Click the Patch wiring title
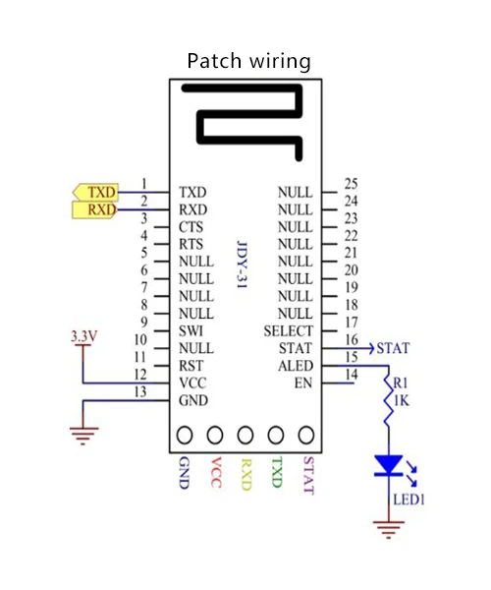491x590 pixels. [248, 61]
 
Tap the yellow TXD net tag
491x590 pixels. [95, 193]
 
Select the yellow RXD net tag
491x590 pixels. [94, 209]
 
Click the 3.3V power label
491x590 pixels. [84, 336]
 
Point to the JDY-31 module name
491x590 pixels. [243, 265]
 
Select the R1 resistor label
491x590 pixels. [401, 383]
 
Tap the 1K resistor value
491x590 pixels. [402, 401]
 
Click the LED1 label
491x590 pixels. [409, 500]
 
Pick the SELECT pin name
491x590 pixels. [288, 331]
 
